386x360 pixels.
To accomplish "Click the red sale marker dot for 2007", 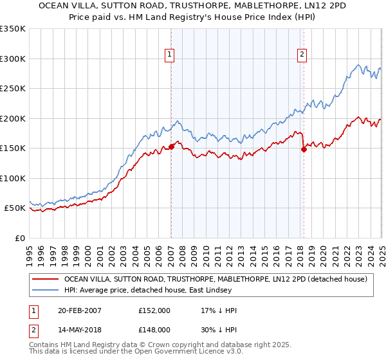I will point(172,147).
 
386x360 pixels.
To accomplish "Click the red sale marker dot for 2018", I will point(304,149).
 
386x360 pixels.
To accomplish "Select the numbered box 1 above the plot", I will point(169,55).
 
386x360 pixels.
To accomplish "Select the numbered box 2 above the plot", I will point(302,55).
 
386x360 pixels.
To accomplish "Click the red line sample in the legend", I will point(46,279).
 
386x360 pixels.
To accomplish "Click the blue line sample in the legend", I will point(46,289).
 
